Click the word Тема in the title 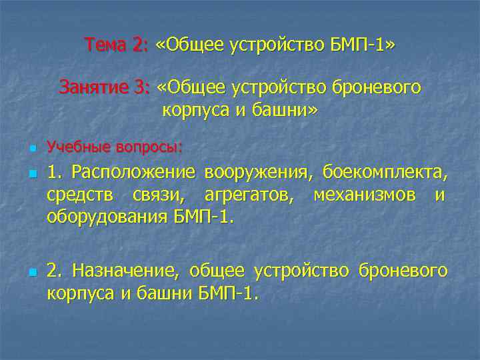tap(105, 45)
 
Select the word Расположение tap(134, 173)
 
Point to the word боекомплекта tap(386, 173)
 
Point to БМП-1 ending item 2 tap(227, 293)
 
